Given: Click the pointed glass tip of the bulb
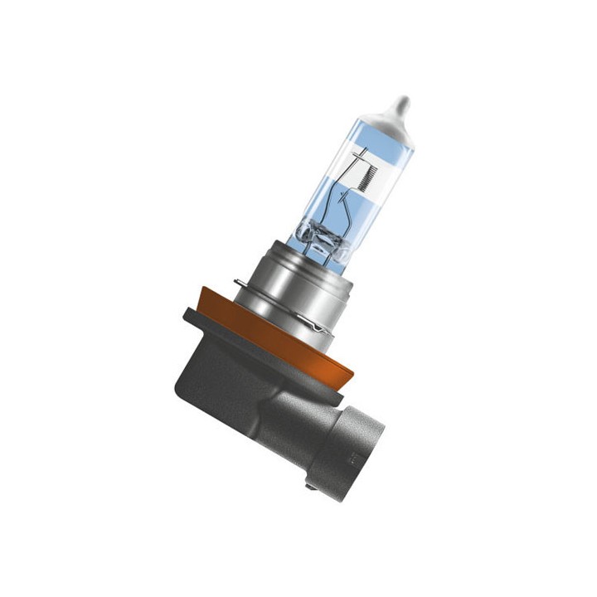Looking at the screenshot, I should [x=404, y=105].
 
